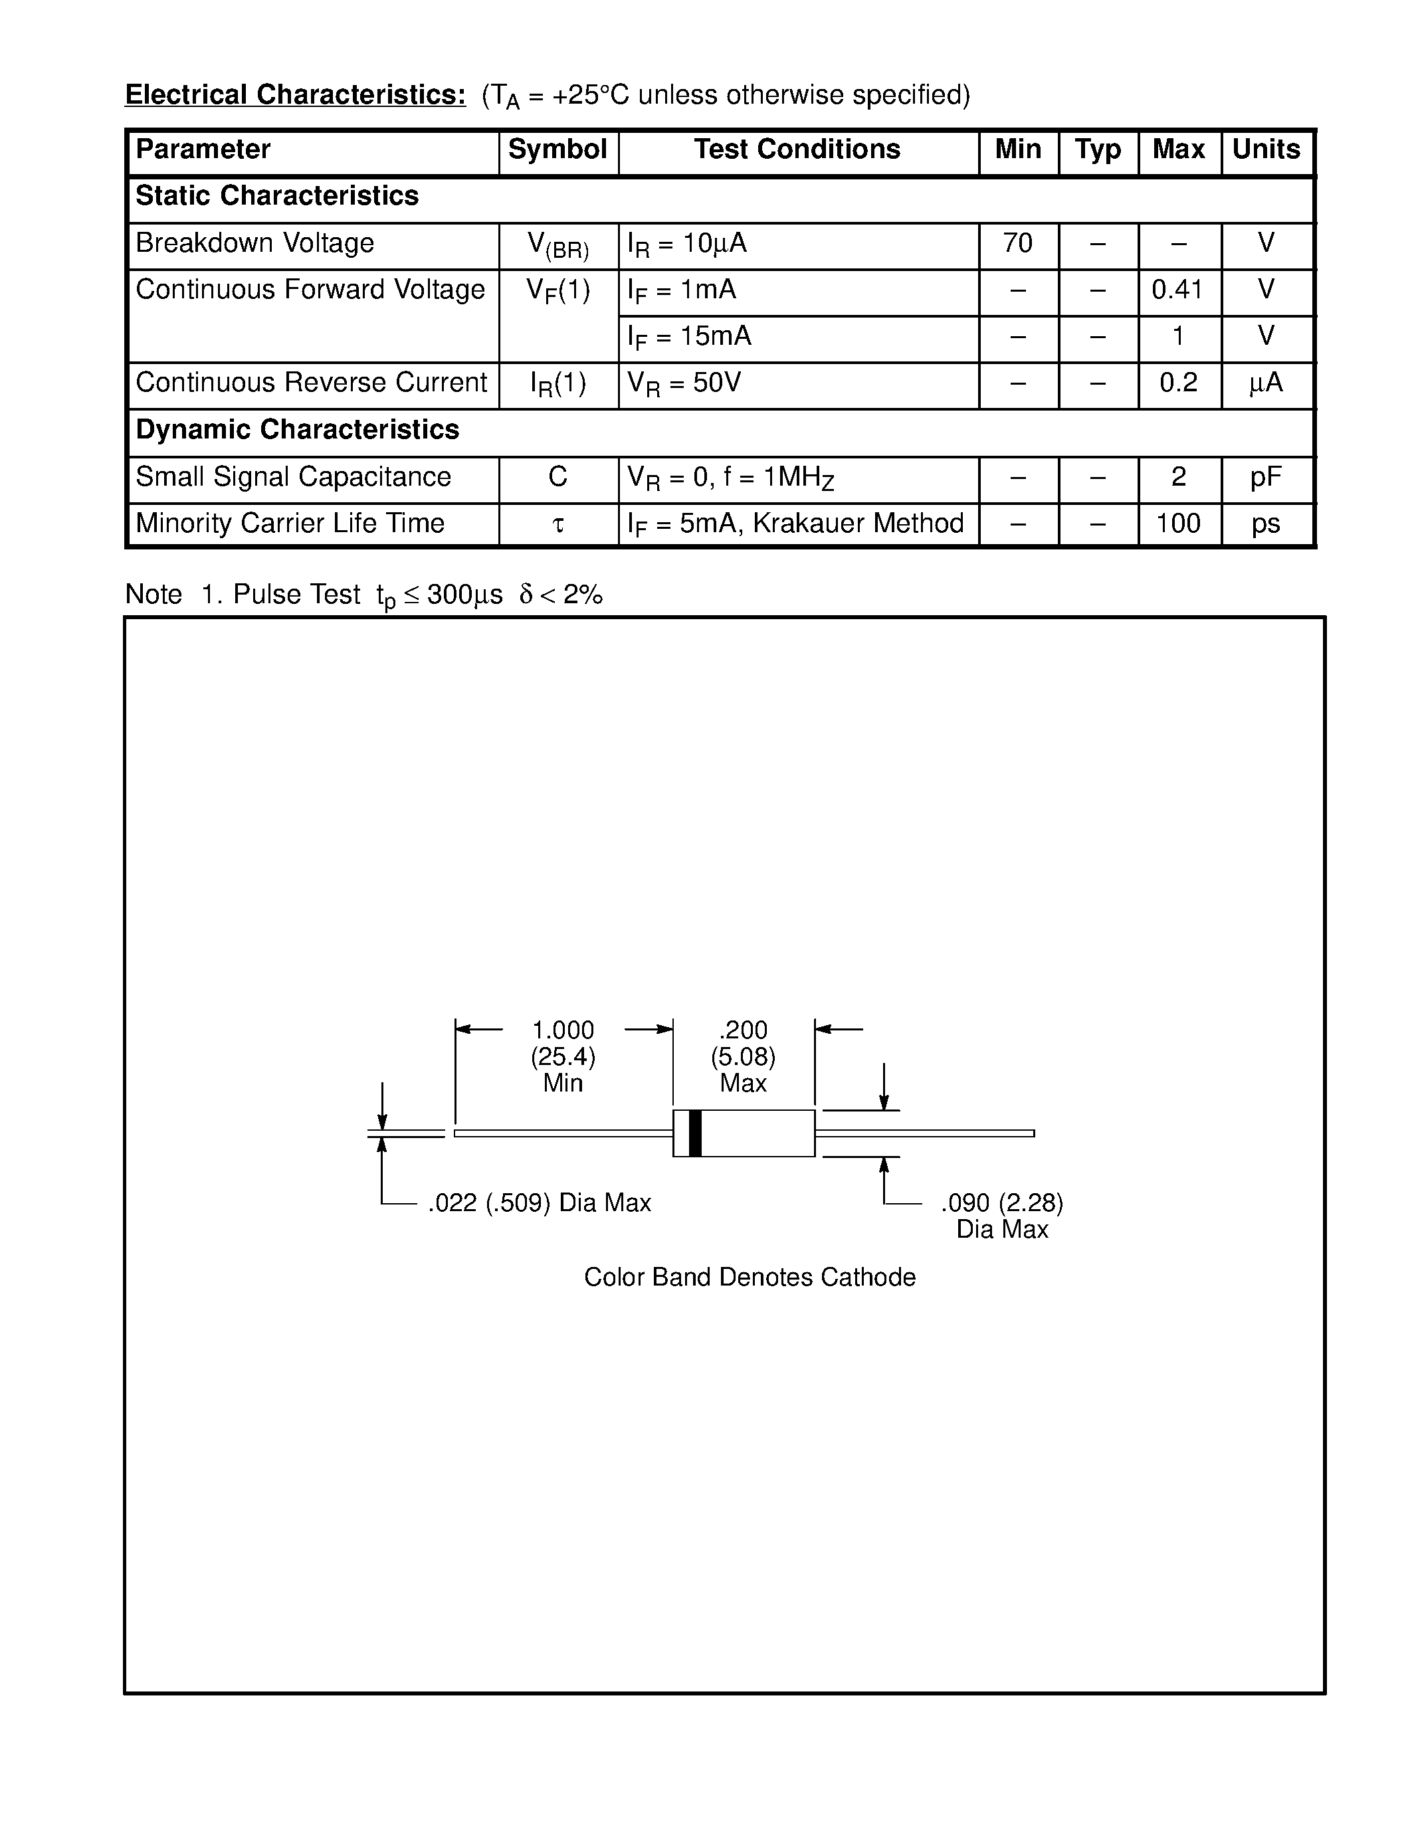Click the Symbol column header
557,149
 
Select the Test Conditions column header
797,149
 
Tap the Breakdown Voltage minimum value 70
1017,243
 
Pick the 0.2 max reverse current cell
1178,383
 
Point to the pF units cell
1266,477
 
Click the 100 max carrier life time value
1178,524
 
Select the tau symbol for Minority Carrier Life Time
558,524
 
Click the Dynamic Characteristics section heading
297,430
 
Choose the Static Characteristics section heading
277,196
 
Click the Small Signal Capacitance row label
293,477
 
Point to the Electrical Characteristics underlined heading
295,94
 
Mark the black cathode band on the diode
695,1133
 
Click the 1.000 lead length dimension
563,1030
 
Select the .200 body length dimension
743,1030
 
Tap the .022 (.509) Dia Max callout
539,1203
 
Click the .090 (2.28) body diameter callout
1001,1203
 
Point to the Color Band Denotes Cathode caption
750,1278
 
